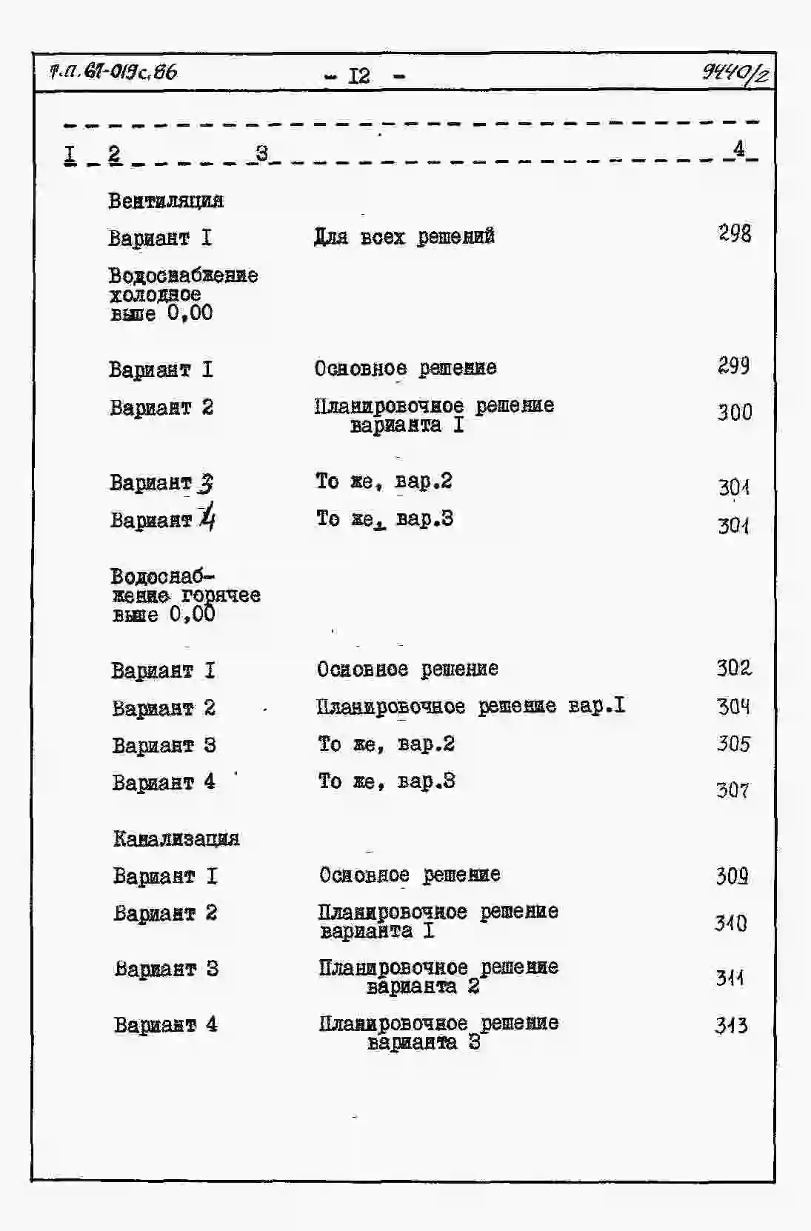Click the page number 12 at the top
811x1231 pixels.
coord(359,76)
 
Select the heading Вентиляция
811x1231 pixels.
coord(166,201)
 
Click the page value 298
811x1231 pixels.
coord(734,234)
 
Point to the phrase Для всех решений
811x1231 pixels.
coord(404,237)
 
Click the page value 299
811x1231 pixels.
coord(733,366)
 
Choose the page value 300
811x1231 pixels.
coord(734,413)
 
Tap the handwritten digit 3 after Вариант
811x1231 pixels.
coord(205,484)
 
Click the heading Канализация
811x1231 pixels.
coord(176,838)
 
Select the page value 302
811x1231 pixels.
coord(733,668)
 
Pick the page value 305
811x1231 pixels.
coord(733,744)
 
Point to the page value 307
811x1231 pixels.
coord(732,790)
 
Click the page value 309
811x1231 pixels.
coord(732,876)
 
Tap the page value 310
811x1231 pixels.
coord(730,923)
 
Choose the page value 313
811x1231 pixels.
coord(731,1026)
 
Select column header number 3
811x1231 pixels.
coord(261,153)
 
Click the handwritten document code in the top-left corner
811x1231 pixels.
coord(113,72)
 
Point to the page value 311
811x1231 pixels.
coord(730,978)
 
